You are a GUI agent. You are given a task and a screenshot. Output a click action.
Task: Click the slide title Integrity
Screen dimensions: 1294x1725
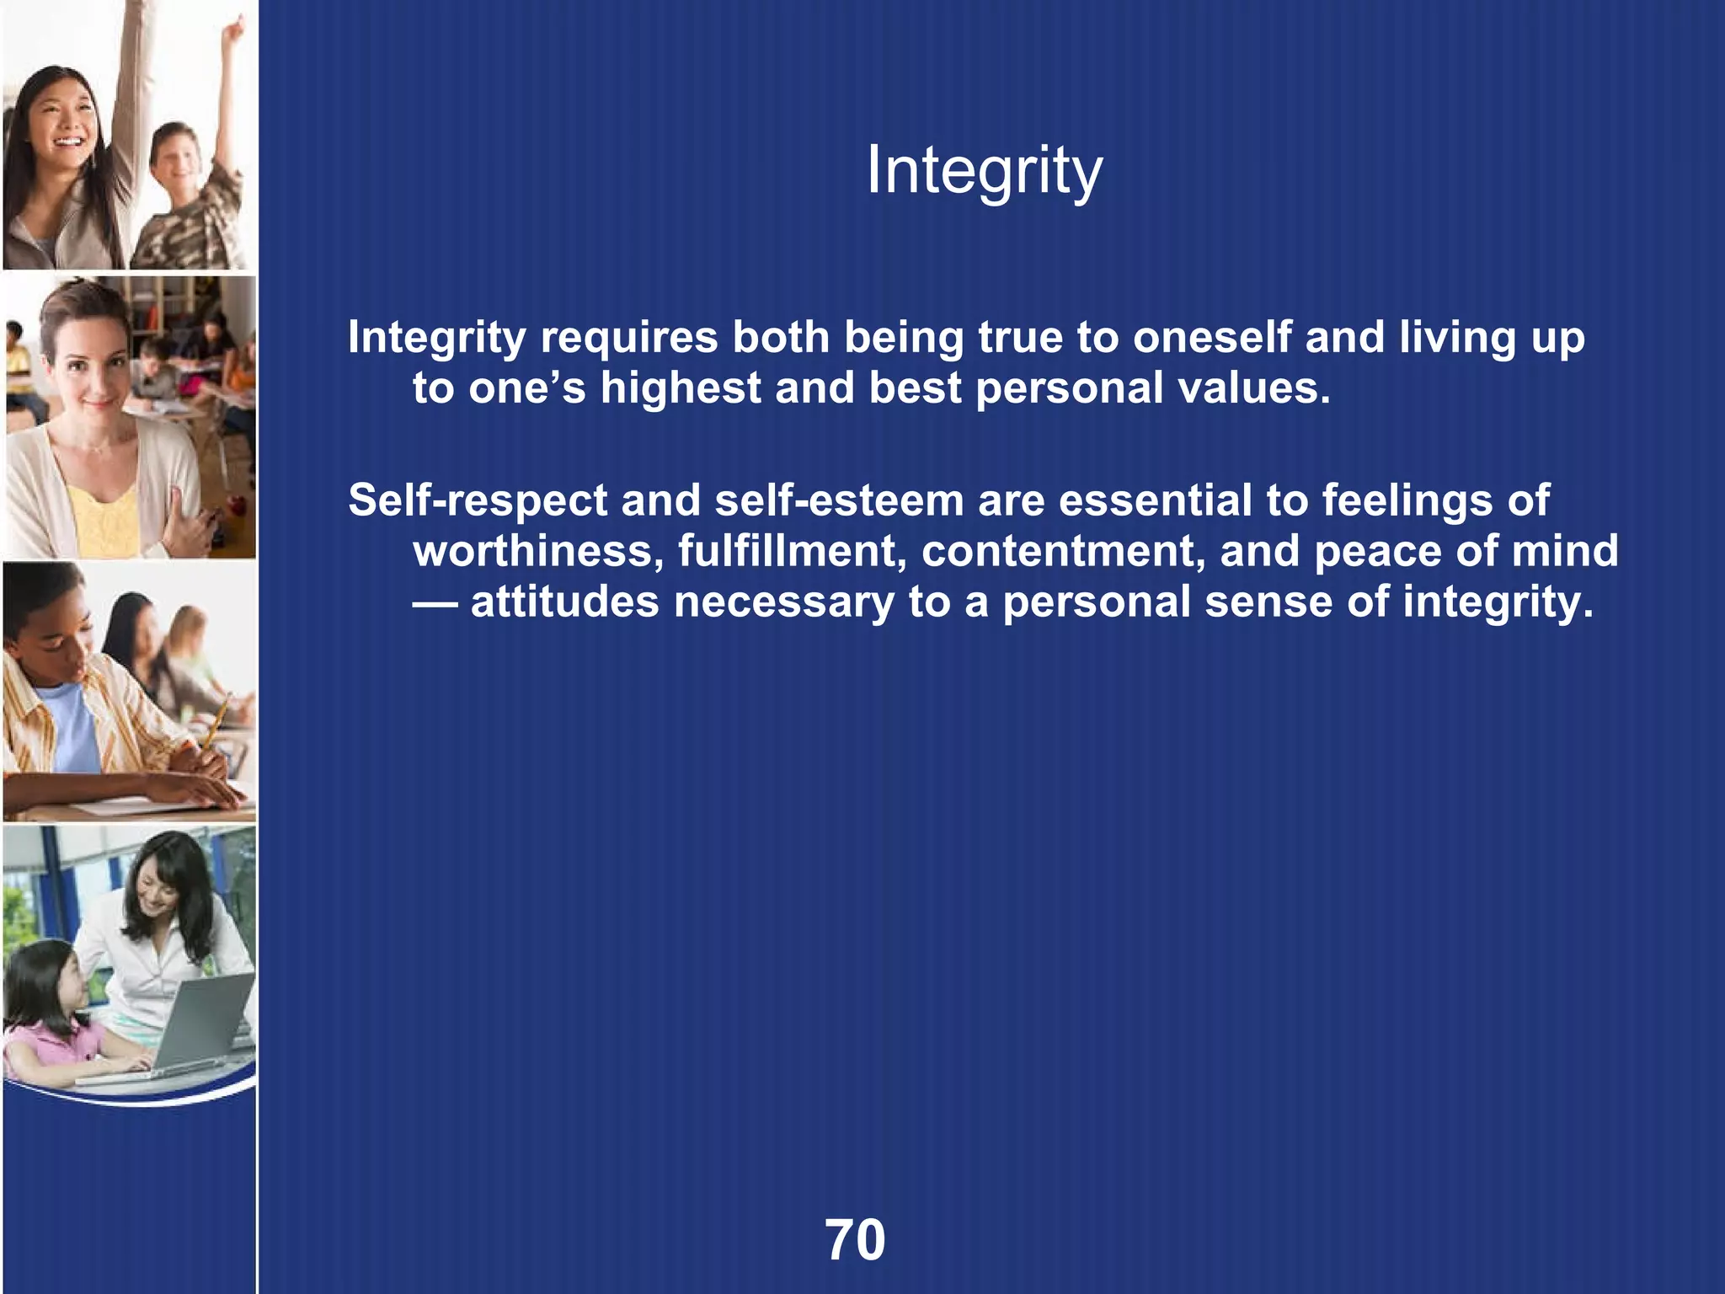tap(984, 171)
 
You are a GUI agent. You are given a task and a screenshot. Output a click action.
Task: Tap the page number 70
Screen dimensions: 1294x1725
tap(855, 1240)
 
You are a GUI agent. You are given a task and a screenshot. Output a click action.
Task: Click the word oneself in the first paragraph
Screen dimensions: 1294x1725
tap(1211, 337)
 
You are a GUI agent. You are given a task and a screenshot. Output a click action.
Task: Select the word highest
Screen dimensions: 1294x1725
tap(681, 388)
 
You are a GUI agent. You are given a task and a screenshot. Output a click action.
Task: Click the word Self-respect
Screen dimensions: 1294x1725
tap(477, 500)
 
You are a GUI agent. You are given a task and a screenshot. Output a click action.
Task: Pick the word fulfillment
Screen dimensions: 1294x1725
tap(792, 551)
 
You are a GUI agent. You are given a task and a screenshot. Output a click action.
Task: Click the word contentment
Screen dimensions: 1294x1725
tap(1063, 551)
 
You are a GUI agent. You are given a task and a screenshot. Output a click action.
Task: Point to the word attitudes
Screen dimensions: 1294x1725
tap(564, 602)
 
